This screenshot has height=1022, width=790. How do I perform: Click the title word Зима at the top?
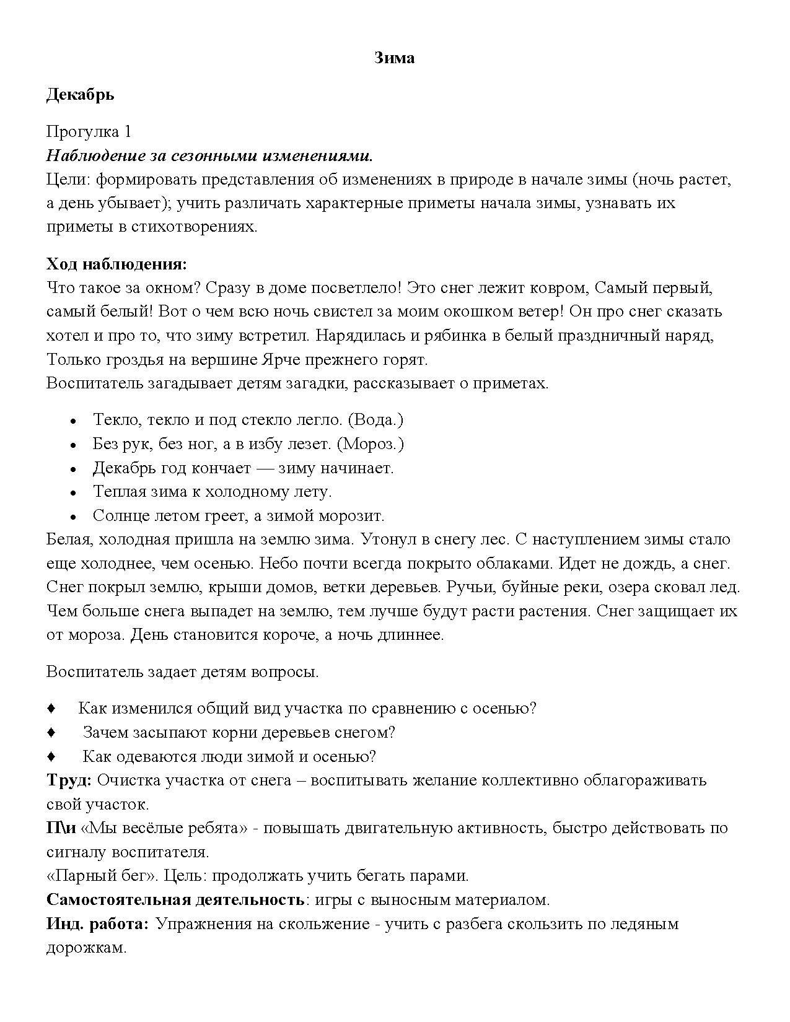tap(395, 58)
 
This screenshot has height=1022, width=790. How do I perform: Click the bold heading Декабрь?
tap(80, 94)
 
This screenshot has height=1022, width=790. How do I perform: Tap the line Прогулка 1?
tap(89, 131)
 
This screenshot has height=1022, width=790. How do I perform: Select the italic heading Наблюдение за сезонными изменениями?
tap(209, 155)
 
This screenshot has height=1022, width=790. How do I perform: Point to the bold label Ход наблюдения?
tap(116, 264)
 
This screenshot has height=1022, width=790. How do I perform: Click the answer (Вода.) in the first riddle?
tap(375, 420)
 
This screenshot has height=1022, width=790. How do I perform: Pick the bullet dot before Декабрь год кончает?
tap(73, 469)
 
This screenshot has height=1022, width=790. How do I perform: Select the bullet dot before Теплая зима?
tap(73, 493)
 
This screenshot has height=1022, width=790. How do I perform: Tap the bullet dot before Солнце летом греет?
tap(73, 517)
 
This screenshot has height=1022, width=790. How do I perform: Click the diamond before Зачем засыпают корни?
tap(51, 733)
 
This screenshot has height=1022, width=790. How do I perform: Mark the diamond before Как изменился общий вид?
tap(51, 709)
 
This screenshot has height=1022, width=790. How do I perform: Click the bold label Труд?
tap(69, 780)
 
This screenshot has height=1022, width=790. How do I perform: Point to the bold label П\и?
tap(61, 828)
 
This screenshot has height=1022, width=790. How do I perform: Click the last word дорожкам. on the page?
tap(86, 948)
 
